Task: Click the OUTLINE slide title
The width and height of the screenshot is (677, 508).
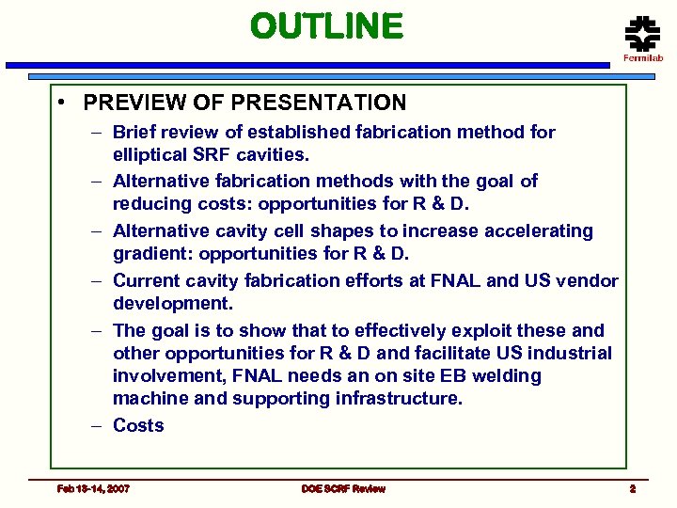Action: tap(326, 26)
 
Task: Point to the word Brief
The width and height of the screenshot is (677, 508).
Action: tap(134, 133)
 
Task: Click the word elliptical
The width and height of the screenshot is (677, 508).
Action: tap(152, 154)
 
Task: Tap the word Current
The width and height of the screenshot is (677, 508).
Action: tap(146, 280)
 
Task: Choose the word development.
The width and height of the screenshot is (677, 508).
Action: tap(172, 304)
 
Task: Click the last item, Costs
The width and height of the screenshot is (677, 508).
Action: tap(138, 425)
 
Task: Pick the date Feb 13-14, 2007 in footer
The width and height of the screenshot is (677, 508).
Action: tap(93, 488)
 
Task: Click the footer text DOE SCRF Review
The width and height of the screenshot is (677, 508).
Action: tap(343, 488)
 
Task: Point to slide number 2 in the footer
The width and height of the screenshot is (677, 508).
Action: tap(633, 488)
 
